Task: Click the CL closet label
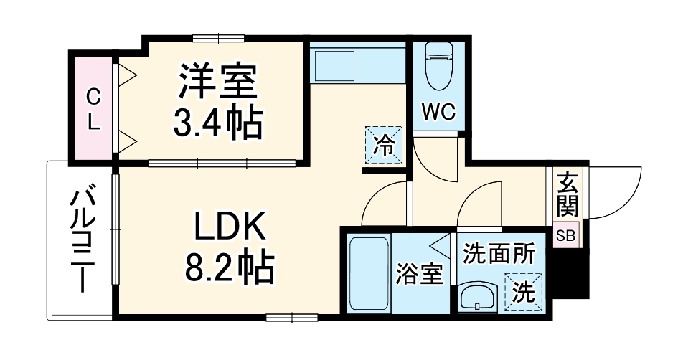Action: pos(93,109)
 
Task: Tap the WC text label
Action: pos(438,113)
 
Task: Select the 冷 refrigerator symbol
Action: pos(384,146)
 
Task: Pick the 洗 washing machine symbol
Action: pos(523,292)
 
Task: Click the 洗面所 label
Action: pos(499,253)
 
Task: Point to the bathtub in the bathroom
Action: pos(368,273)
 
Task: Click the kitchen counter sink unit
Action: pos(357,65)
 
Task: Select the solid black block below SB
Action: pos(574,273)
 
